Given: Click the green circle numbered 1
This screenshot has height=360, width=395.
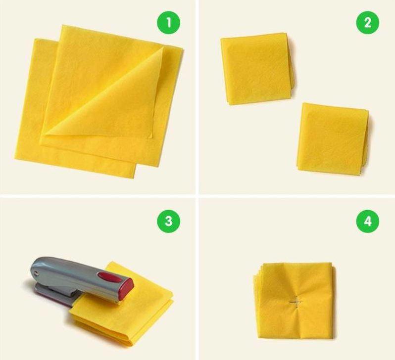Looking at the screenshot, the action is (169, 22).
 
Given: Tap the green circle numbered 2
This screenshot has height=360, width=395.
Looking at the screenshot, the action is (368, 22).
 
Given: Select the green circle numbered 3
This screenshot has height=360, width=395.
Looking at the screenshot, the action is (169, 221).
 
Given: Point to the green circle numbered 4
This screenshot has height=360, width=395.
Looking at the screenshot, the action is (368, 221).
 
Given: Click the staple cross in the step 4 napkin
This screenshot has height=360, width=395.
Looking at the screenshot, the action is (296, 302).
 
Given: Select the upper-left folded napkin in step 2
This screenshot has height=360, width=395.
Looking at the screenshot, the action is (257, 68).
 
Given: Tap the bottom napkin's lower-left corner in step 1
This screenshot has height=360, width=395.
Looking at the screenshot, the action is (15, 159).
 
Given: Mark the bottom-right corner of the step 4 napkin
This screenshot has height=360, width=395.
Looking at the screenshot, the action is (332, 338).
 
